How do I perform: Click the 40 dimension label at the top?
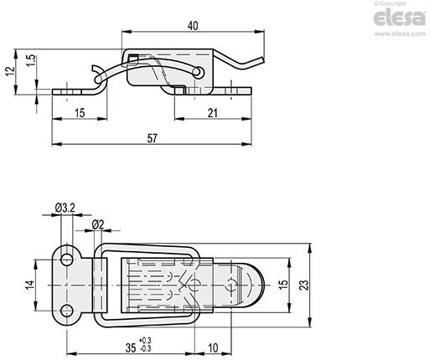coord(193,26)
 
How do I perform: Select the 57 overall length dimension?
coord(152,138)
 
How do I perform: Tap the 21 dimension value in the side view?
coord(213,113)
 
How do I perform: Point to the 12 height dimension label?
coord(10,71)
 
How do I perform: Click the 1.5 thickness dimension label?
coord(32,60)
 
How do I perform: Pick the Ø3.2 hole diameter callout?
coord(65,208)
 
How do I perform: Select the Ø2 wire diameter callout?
coord(98,224)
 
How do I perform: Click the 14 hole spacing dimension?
coord(30,285)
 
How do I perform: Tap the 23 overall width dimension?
coord(304,285)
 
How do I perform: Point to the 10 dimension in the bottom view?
coord(213,348)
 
